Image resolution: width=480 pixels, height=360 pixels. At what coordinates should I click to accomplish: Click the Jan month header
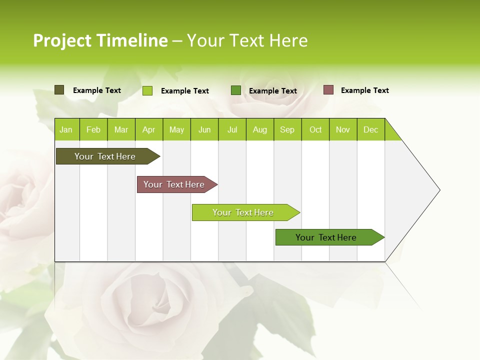click(x=66, y=129)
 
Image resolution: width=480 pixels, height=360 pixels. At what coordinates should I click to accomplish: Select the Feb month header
click(x=93, y=129)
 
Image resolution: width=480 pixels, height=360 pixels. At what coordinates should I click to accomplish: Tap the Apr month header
click(x=148, y=129)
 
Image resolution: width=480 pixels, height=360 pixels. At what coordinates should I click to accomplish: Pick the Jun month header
click(x=204, y=129)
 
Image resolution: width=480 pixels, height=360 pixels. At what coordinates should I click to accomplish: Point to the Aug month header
click(x=259, y=129)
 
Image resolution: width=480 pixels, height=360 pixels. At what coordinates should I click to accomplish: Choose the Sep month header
click(x=287, y=129)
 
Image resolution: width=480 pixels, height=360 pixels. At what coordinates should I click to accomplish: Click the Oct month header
click(x=315, y=129)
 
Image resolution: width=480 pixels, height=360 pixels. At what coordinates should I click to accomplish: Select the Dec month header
click(x=370, y=129)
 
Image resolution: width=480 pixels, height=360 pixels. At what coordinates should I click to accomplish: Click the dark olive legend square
click(x=59, y=90)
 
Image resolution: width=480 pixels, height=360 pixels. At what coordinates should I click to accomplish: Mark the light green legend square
click(x=147, y=90)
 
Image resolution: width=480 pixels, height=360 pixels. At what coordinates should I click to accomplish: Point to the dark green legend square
click(x=236, y=90)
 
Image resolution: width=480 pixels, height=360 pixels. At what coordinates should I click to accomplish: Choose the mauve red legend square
click(x=328, y=90)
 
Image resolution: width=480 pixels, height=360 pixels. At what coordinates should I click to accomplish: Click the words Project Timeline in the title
click(x=100, y=40)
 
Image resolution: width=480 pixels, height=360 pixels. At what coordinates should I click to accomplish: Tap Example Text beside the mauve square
click(x=364, y=90)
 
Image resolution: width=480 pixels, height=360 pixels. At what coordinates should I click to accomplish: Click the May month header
click(x=176, y=129)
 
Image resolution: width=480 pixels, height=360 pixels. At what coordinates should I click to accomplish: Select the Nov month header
click(x=343, y=129)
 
